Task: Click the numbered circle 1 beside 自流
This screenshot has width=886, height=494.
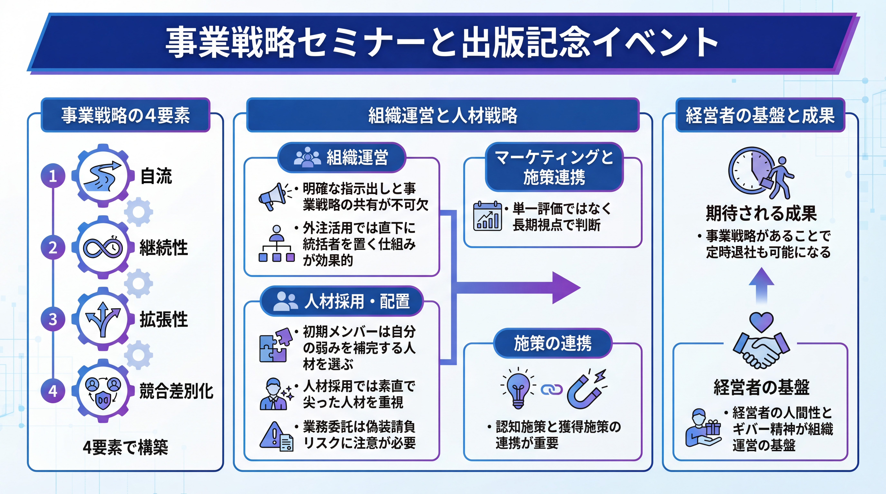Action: click(x=53, y=176)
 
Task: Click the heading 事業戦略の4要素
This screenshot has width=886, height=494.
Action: click(x=126, y=115)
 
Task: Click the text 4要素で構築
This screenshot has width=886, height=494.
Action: click(x=126, y=447)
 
